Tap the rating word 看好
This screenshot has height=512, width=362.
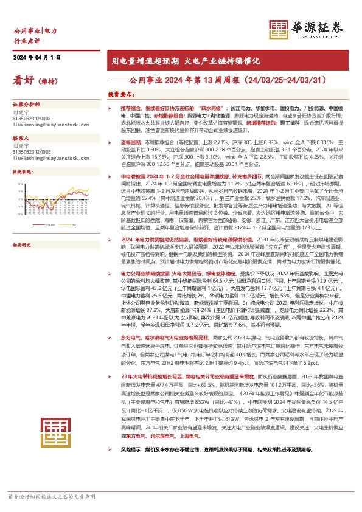click(24, 80)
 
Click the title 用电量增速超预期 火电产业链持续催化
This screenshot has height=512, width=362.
click(176, 61)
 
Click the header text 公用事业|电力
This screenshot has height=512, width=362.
click(35, 30)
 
